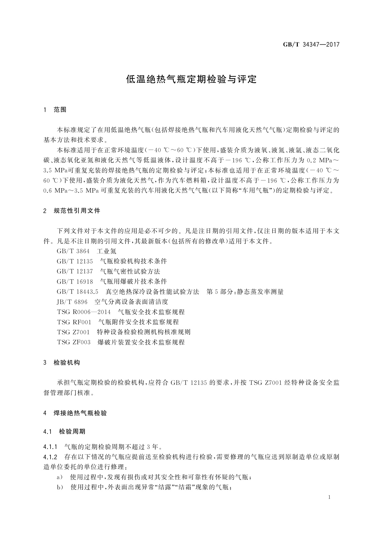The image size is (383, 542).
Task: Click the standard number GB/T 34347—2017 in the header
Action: coord(311,44)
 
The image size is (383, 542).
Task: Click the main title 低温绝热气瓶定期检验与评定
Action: coord(191,79)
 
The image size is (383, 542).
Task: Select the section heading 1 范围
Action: coord(55,110)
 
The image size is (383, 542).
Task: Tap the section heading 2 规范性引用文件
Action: coord(72,211)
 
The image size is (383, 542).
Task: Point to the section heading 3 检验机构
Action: coord(62,363)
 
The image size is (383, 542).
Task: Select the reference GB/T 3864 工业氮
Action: coord(87,251)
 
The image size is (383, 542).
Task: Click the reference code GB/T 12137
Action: coord(75,271)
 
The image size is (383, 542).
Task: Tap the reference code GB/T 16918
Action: coord(75,282)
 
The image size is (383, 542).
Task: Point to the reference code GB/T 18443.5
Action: coord(78,292)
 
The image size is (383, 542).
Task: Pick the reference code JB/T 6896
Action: coord(72,302)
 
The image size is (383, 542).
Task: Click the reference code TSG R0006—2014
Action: coord(84,312)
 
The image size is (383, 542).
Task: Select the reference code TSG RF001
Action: coord(74,322)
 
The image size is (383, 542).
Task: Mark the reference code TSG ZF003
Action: coord(74,342)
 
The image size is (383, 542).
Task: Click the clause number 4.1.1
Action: coord(50,447)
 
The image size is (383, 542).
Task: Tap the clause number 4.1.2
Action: coord(50,457)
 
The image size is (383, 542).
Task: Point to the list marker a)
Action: coord(60,477)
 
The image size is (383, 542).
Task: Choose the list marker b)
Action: coord(60,487)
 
